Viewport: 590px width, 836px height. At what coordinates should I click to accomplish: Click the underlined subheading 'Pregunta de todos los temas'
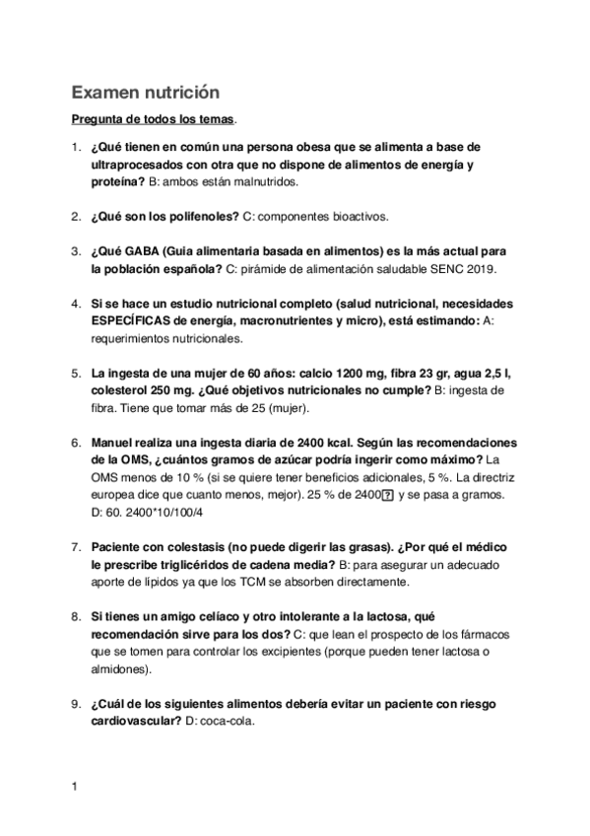point(153,120)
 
